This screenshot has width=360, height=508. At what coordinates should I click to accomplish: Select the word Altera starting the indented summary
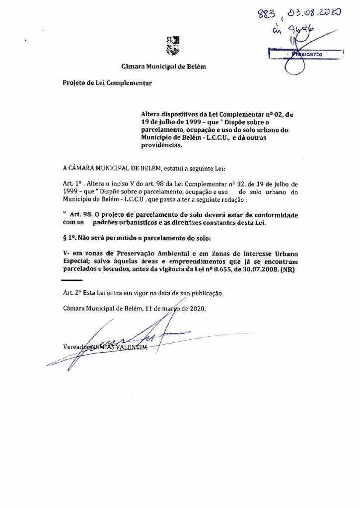coord(152,114)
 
